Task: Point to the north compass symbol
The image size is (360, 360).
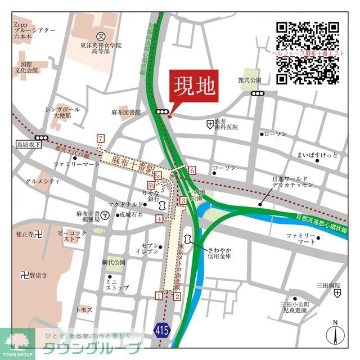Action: pos(335,333)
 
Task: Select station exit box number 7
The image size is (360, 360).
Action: pos(101,138)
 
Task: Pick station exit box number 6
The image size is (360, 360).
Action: pos(192,170)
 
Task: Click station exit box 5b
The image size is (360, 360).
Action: pos(151,185)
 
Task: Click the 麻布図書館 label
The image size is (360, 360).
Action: pos(125,112)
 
